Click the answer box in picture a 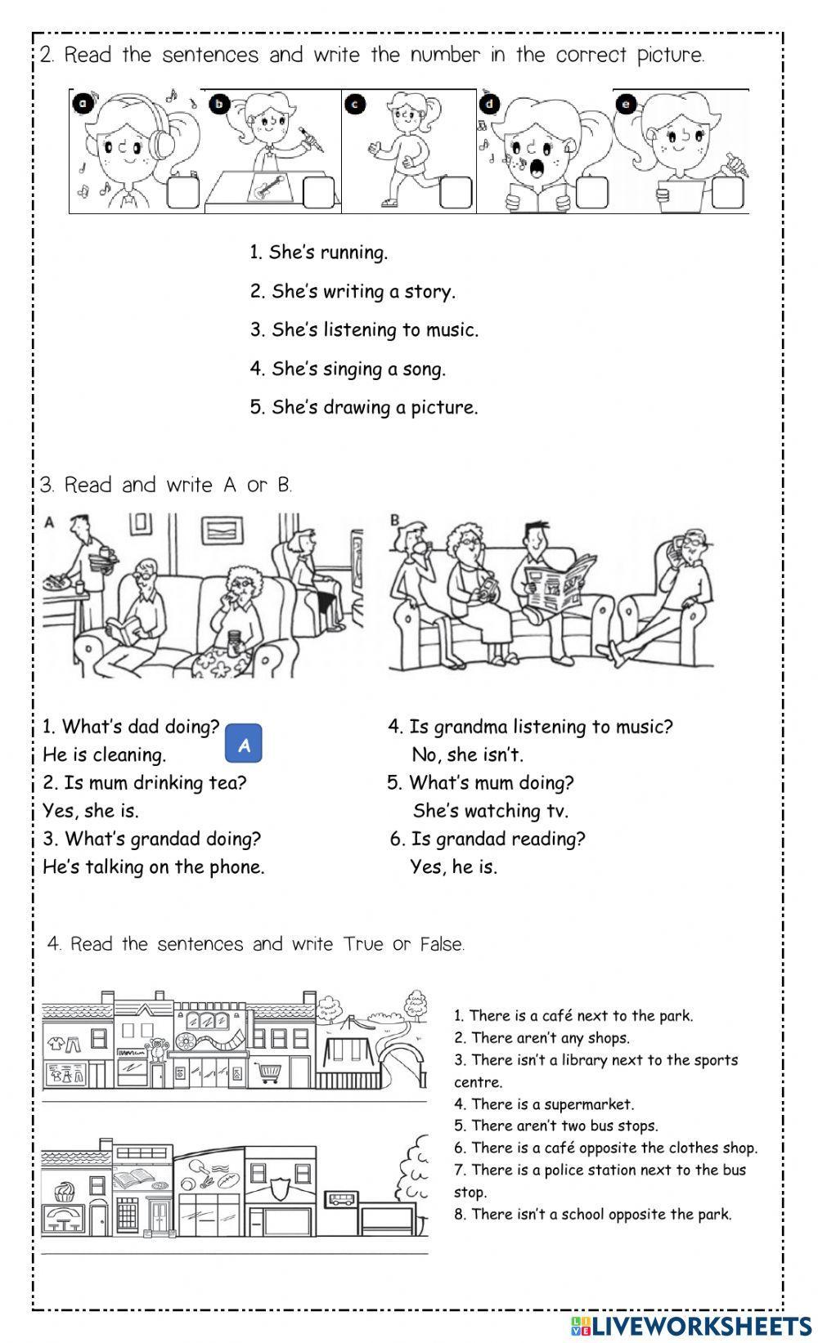[x=182, y=192]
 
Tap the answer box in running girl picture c [x=456, y=192]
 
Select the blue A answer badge [x=243, y=745]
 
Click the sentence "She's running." [x=319, y=253]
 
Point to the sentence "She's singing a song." [x=348, y=369]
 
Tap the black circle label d [x=490, y=104]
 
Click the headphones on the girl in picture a [x=163, y=135]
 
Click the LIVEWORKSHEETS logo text [x=699, y=1325]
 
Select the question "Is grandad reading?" [x=488, y=839]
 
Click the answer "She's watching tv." [x=490, y=811]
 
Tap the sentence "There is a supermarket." [x=545, y=1104]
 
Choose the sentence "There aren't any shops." [x=542, y=1038]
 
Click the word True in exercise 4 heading [x=363, y=945]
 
